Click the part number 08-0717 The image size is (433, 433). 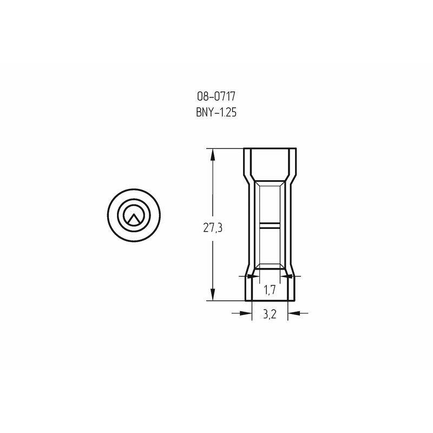coord(216,96)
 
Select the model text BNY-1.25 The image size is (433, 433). coord(216,113)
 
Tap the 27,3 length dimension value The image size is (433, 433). coord(213,228)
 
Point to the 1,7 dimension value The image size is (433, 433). coord(270,290)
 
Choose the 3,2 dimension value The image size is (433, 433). coord(270,314)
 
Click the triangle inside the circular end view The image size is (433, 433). coord(134,218)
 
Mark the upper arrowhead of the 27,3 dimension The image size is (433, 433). coord(213,154)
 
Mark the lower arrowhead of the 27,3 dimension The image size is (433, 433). coord(213,294)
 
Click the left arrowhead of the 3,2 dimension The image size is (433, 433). coord(246,313)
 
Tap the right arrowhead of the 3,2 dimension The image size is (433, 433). coord(293,313)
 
